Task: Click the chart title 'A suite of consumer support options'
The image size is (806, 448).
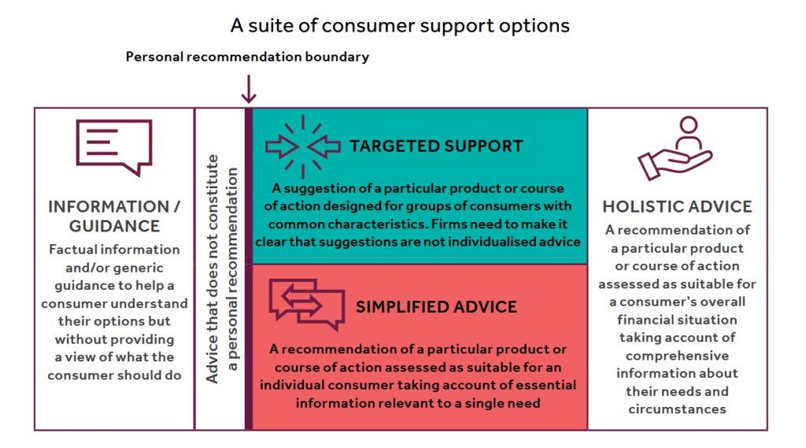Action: click(400, 26)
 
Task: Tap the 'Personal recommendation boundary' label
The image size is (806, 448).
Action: click(247, 57)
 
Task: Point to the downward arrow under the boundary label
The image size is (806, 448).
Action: click(249, 89)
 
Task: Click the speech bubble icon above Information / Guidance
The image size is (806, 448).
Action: click(114, 148)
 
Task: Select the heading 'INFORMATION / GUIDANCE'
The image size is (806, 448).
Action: click(114, 216)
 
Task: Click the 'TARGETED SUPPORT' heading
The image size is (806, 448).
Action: click(436, 146)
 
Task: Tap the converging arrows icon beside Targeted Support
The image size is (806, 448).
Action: click(303, 146)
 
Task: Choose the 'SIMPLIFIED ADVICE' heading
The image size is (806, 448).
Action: click(436, 307)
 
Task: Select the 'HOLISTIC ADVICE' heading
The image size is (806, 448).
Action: click(677, 207)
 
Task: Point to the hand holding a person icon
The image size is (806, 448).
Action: click(675, 148)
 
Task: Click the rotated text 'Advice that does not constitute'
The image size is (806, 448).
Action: click(213, 269)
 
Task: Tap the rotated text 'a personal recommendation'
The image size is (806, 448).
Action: click(232, 269)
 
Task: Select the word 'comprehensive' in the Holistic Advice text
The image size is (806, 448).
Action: click(677, 356)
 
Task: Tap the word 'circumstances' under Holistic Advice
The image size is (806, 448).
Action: click(677, 409)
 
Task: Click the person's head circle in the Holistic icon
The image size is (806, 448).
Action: click(688, 124)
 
